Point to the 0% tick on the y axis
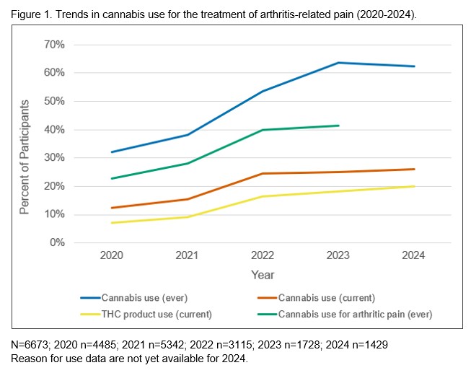57,242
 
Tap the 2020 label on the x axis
112,256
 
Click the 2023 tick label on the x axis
338,256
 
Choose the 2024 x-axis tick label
414,256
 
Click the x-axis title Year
263,275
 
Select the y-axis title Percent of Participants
25,157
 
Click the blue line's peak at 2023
338,63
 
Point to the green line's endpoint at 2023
338,126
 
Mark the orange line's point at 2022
263,173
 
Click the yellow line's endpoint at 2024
414,186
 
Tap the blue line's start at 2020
112,152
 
